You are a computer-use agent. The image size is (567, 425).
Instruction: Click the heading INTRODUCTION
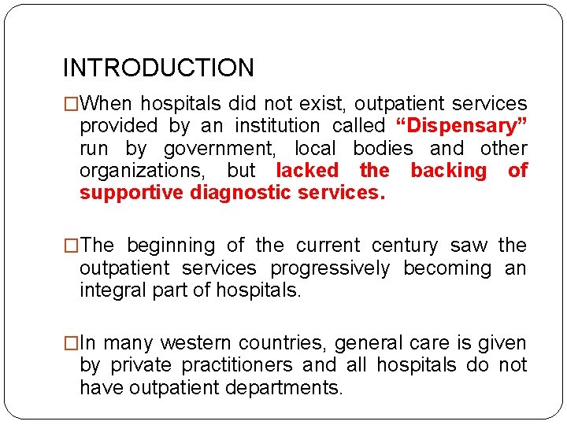(158, 68)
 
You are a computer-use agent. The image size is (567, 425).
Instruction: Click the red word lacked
(307, 171)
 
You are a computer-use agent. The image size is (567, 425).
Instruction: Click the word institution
(276, 126)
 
